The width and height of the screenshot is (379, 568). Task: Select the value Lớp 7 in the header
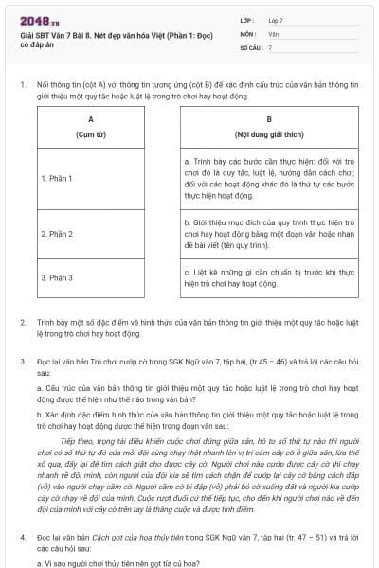tap(276, 19)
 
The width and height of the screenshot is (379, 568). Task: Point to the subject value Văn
tap(273, 33)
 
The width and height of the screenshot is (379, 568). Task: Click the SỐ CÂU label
tap(250, 46)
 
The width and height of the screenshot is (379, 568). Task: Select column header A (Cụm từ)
tap(91, 127)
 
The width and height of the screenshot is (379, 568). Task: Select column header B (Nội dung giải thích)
tap(269, 127)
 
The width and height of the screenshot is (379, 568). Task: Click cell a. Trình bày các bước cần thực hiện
tap(269, 179)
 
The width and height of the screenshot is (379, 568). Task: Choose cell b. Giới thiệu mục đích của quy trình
tap(269, 233)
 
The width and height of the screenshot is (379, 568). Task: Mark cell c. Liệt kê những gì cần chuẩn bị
tap(269, 277)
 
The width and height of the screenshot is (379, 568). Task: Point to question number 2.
tap(23, 323)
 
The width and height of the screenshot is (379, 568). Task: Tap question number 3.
tap(23, 362)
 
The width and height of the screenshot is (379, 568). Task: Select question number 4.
tap(23, 536)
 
